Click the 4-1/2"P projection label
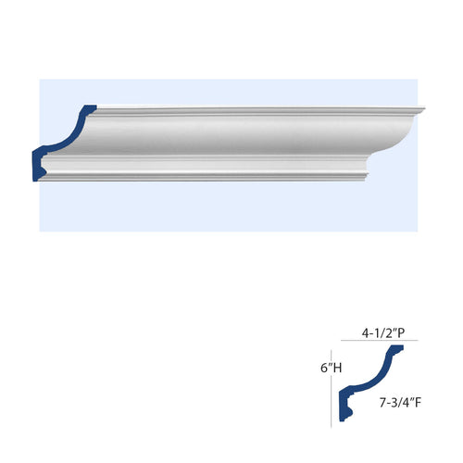point(383,333)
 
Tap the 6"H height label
point(332,368)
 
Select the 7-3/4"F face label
point(400,403)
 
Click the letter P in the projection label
point(402,333)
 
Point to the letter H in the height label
point(337,368)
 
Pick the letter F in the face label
point(419,403)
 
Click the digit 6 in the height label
point(324,368)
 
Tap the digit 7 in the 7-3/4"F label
point(382,403)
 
